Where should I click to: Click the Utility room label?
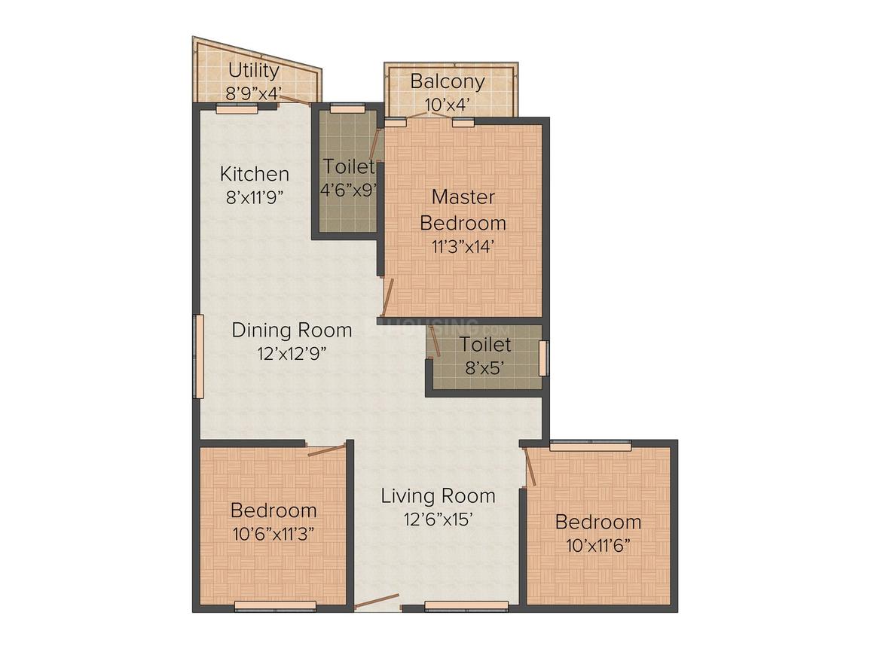pyautogui.click(x=254, y=71)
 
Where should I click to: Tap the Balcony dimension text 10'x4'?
pyautogui.click(x=449, y=105)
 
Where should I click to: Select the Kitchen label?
pyautogui.click(x=254, y=174)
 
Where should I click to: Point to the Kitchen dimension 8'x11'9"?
pyautogui.click(x=255, y=197)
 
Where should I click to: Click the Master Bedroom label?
pyautogui.click(x=463, y=209)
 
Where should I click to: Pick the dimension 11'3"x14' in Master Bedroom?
pyautogui.click(x=463, y=246)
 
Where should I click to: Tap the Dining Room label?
pyautogui.click(x=292, y=330)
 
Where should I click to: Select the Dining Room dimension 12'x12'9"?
pyautogui.click(x=292, y=353)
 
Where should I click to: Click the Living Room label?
pyautogui.click(x=438, y=495)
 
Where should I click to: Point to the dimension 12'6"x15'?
pyautogui.click(x=438, y=519)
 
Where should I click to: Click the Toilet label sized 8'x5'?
pyautogui.click(x=485, y=344)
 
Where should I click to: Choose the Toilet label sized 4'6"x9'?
pyautogui.click(x=349, y=166)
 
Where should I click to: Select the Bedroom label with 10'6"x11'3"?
pyautogui.click(x=273, y=510)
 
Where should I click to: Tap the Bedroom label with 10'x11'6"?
pyautogui.click(x=598, y=522)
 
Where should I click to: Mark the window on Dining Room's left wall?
pyautogui.click(x=198, y=356)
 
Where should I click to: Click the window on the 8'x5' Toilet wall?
pyautogui.click(x=543, y=358)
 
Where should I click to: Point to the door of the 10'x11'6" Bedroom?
pyautogui.click(x=530, y=467)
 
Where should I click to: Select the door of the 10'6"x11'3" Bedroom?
pyautogui.click(x=327, y=450)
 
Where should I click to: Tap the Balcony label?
pyautogui.click(x=448, y=82)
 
